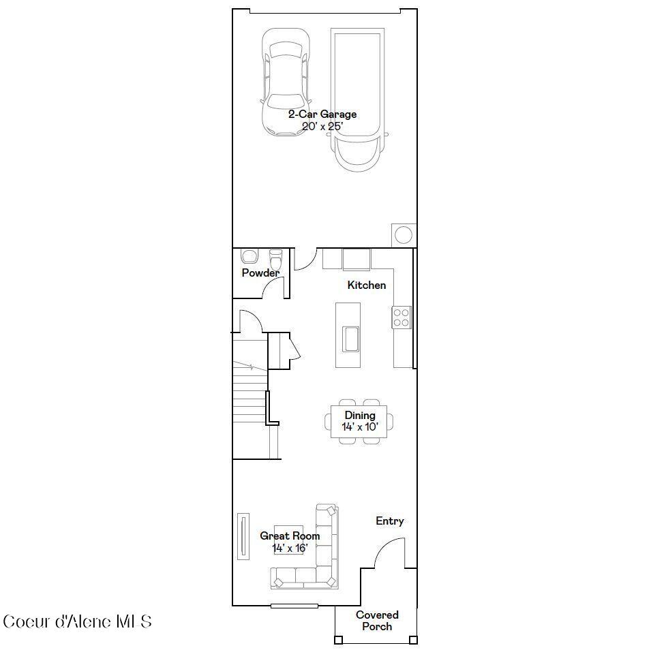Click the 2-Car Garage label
(x=322, y=114)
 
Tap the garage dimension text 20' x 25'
(x=322, y=126)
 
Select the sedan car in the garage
(x=285, y=82)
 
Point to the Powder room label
(x=260, y=273)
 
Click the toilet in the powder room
(x=276, y=260)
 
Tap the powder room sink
(x=249, y=256)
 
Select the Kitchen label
(x=366, y=285)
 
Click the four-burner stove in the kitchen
(x=402, y=317)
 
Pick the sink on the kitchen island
(x=351, y=339)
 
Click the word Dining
(x=359, y=416)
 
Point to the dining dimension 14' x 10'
(x=359, y=427)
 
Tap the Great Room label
(x=290, y=536)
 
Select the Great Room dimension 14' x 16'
(x=290, y=548)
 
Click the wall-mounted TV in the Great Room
(x=242, y=537)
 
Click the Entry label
(x=390, y=521)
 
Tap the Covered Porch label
(x=377, y=621)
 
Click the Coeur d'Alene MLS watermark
(x=77, y=621)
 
